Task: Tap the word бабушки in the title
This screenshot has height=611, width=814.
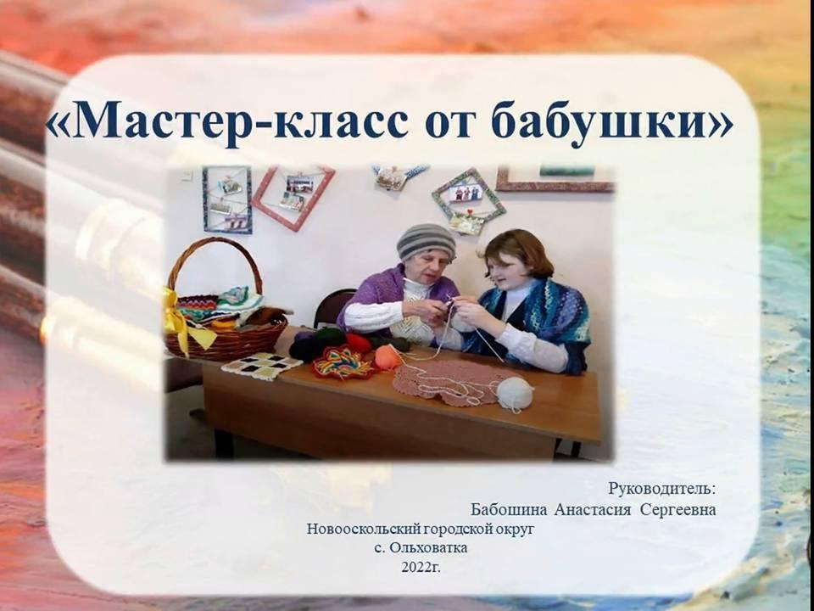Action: (x=611, y=120)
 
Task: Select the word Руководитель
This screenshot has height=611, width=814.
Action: (x=661, y=489)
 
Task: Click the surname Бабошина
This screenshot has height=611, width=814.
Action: (x=509, y=510)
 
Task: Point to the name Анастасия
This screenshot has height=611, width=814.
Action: (x=593, y=510)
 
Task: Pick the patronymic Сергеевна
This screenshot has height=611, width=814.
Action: (x=678, y=510)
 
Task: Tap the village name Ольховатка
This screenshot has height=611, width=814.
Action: (x=428, y=547)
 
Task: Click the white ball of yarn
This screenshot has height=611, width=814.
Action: (x=515, y=394)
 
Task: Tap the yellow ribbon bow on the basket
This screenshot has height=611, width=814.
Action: (x=184, y=320)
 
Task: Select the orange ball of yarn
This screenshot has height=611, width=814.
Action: (x=387, y=357)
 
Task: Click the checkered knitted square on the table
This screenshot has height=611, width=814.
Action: (x=261, y=365)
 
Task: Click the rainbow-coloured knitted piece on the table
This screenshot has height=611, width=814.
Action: (x=343, y=362)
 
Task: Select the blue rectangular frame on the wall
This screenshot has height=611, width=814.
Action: (x=227, y=199)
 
